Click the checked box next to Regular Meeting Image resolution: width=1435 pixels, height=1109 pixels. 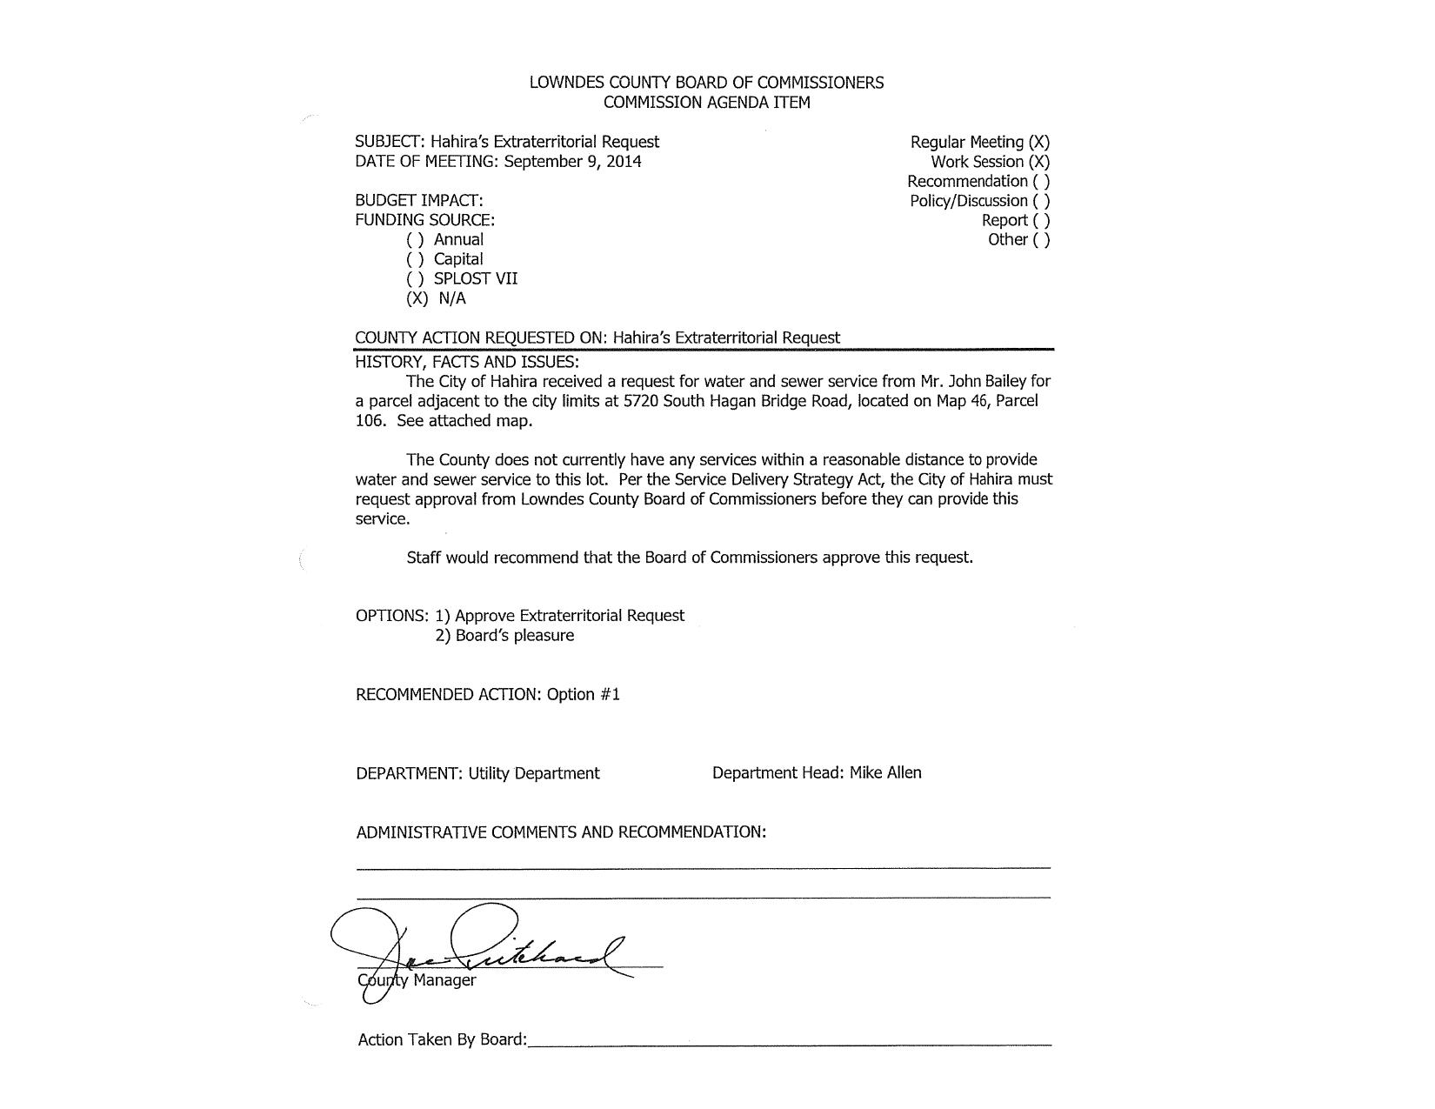1038,142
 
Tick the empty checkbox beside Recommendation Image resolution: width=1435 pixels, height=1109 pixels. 1041,181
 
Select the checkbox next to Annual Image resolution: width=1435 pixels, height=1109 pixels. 415,239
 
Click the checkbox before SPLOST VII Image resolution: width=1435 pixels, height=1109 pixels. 415,278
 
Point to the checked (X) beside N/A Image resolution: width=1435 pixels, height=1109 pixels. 417,298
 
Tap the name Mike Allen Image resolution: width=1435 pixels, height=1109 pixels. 885,772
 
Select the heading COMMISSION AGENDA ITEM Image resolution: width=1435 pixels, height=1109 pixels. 706,102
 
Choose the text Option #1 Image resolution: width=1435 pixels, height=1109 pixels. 584,694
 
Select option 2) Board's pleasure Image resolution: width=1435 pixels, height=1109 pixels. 504,635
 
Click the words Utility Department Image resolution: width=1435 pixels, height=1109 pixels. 534,773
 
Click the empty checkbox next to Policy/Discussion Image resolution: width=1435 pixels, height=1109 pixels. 1041,200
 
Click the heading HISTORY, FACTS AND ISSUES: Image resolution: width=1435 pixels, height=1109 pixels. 467,362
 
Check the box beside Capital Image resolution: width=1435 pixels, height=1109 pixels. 415,259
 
